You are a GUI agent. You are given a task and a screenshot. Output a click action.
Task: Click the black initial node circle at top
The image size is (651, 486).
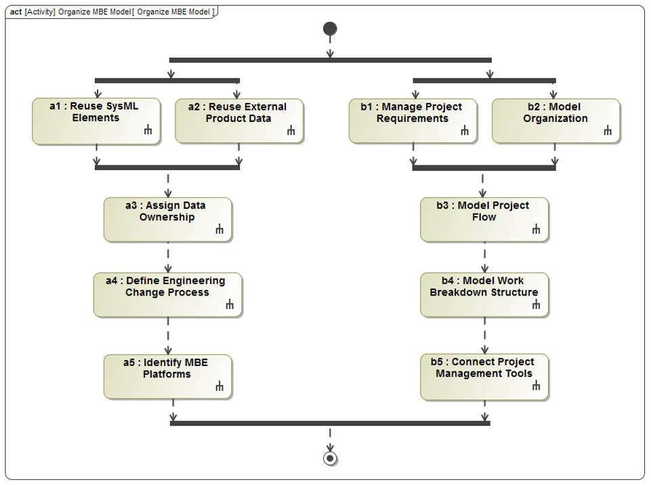tap(330, 28)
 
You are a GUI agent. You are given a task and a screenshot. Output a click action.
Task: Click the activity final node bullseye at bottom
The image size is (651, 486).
tap(330, 459)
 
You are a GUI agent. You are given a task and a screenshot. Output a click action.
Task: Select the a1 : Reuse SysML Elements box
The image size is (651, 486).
tap(96, 121)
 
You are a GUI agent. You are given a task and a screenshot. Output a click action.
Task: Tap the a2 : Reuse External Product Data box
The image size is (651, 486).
tap(238, 121)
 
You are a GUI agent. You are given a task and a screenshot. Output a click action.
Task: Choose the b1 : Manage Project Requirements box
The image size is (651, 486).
tap(413, 121)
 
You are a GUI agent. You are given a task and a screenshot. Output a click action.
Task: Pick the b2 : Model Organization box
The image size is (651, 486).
tap(555, 121)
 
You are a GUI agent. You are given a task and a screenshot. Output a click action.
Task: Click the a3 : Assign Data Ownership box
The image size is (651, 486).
tap(167, 219)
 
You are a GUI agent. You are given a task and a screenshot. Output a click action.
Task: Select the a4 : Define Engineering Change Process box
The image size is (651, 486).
tap(167, 294)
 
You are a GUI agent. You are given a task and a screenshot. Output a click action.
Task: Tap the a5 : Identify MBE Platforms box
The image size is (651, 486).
tap(167, 376)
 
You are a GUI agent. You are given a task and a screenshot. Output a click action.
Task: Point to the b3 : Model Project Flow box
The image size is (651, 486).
tap(484, 219)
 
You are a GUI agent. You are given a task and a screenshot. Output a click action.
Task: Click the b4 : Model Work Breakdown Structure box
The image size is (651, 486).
tap(484, 294)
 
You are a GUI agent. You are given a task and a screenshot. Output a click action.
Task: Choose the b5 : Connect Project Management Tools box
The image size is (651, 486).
tap(484, 376)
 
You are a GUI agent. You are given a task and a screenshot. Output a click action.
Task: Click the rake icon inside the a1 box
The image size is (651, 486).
tap(148, 130)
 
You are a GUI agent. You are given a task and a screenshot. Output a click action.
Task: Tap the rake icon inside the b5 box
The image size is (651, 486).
tap(537, 386)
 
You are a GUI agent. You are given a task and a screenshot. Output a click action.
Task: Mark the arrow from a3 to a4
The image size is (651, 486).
tap(167, 257)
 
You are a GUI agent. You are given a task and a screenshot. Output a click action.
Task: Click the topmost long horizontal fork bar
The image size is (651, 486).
tap(330, 60)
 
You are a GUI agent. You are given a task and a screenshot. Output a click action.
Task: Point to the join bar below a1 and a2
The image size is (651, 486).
tap(167, 167)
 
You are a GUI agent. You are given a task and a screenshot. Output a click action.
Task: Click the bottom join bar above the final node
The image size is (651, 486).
tap(330, 423)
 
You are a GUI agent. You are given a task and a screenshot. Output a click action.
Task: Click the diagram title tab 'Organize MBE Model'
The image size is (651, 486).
tap(111, 12)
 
